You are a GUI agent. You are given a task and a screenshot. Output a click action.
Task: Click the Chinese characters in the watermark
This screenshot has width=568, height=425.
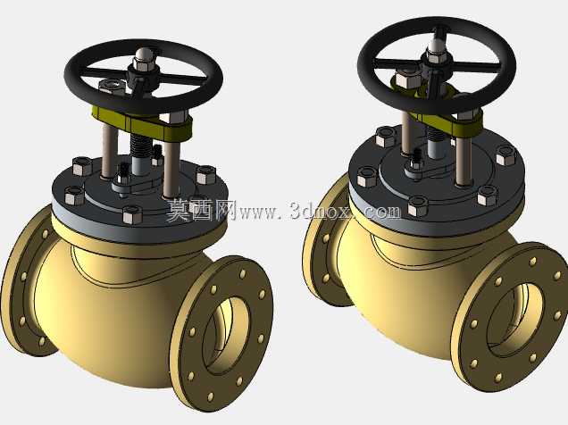click(200, 210)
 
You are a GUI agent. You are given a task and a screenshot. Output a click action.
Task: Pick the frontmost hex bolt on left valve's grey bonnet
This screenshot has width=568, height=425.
click(132, 214)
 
